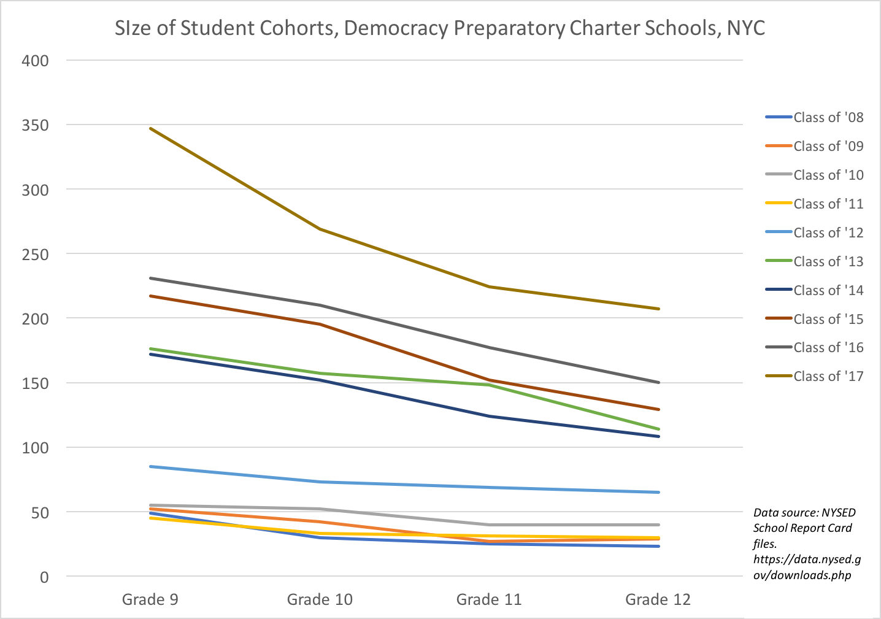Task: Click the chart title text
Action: tap(440, 28)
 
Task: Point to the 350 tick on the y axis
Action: tap(35, 125)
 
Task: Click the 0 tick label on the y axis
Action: tap(44, 577)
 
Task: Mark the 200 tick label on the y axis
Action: tap(35, 319)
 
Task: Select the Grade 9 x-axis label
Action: tap(150, 599)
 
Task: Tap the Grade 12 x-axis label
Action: tap(658, 599)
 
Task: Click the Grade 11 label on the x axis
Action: tap(489, 599)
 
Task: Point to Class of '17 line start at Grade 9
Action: tap(150, 129)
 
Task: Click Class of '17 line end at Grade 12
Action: tap(658, 309)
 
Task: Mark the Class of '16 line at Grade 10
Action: tap(320, 305)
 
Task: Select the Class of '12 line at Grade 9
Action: tap(150, 466)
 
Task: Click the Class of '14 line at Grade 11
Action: tap(489, 416)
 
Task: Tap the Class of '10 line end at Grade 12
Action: tap(658, 525)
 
